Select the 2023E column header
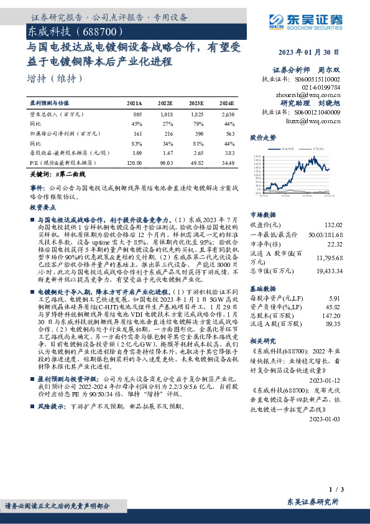[196, 102]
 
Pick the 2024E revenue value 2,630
[228, 115]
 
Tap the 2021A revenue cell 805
[137, 115]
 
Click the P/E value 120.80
[134, 161]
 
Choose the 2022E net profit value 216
[167, 133]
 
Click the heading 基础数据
[262, 289]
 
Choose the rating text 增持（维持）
[55, 80]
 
